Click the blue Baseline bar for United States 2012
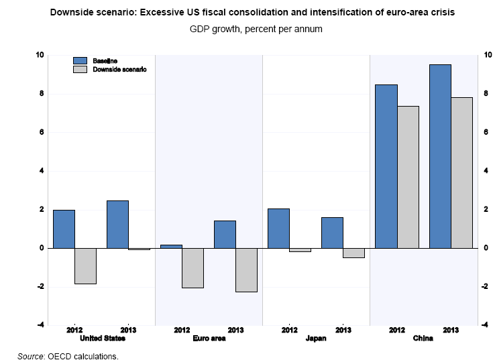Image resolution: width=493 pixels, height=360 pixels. coord(64,229)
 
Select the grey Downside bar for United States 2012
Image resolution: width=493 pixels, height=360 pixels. coord(85,266)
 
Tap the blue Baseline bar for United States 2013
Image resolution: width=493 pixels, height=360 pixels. coord(117,224)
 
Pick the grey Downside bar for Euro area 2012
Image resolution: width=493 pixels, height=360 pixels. coord(193,268)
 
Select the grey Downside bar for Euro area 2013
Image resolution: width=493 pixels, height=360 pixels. coord(246,270)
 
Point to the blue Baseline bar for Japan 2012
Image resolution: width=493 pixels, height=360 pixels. coord(278,228)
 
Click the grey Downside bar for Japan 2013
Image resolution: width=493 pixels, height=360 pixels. coord(353,253)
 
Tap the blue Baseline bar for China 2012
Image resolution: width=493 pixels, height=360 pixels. coord(386,166)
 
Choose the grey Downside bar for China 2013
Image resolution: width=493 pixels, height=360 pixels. coord(461,172)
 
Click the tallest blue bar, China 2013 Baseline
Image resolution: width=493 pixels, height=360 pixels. coord(440,156)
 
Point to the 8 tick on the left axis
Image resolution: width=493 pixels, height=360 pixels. coord(41,94)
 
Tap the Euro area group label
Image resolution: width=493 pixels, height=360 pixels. coord(209,339)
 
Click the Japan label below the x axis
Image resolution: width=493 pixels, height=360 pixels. coord(316,339)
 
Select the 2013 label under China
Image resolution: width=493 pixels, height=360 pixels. coord(451,331)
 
